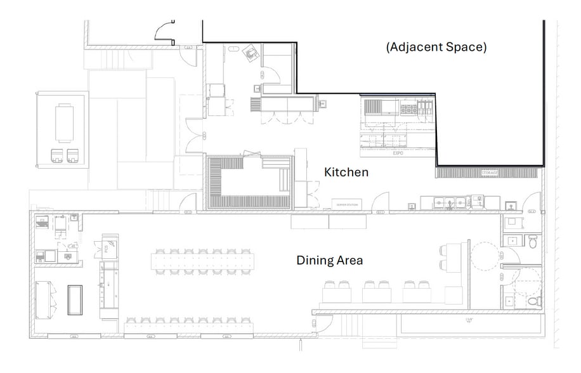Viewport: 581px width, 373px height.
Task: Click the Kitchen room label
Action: click(346, 172)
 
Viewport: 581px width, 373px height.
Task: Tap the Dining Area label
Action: click(330, 260)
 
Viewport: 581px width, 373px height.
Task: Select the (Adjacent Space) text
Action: click(436, 47)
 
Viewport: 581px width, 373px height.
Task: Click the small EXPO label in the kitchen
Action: click(398, 154)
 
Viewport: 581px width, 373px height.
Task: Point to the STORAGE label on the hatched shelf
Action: click(490, 173)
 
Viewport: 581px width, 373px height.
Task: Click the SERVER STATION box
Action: click(347, 205)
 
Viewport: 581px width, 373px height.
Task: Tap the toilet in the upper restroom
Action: click(533, 242)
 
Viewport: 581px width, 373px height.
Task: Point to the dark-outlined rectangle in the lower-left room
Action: click(75, 299)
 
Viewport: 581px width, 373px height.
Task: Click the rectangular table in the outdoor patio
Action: click(65, 123)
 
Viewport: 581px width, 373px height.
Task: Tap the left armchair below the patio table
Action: click(57, 154)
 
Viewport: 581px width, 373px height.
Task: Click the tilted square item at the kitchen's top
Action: click(252, 53)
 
